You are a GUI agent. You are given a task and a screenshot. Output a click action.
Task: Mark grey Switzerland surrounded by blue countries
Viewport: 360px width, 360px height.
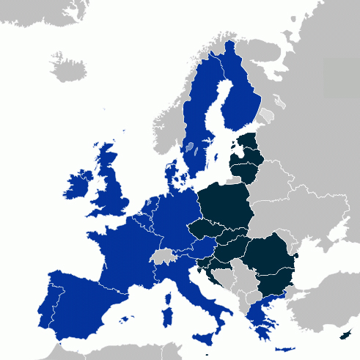tap(162, 257)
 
